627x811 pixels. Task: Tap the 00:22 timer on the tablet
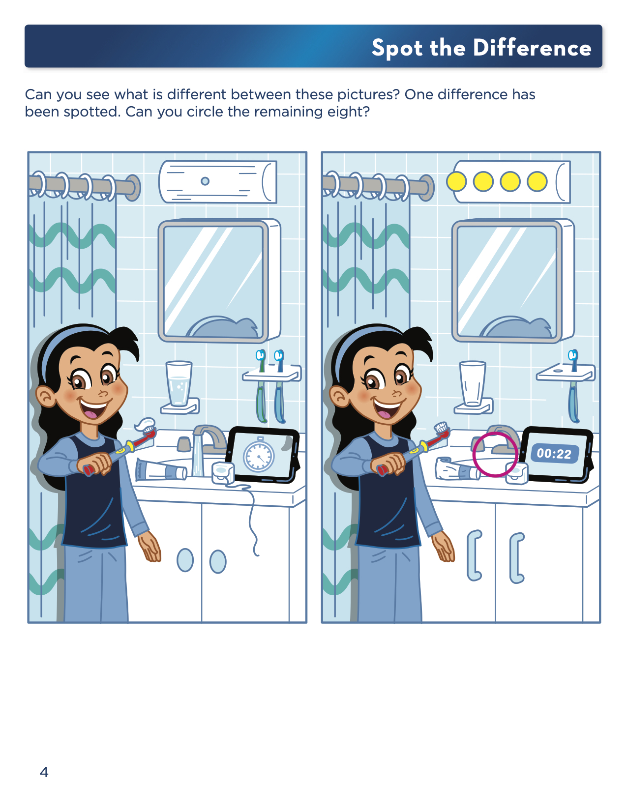(x=554, y=453)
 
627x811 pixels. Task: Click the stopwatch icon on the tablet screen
(x=258, y=455)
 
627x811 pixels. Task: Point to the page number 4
(x=44, y=772)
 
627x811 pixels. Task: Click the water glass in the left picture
(x=179, y=383)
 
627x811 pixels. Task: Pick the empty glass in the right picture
(x=473, y=383)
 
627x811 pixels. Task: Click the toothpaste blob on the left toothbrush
(x=146, y=424)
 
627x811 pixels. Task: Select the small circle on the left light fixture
(x=205, y=181)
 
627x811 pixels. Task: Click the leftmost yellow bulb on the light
(x=456, y=181)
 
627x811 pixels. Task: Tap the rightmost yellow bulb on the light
(x=537, y=181)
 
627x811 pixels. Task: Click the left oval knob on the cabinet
(x=185, y=560)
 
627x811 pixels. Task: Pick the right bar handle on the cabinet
(x=517, y=558)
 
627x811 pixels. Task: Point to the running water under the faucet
(x=198, y=456)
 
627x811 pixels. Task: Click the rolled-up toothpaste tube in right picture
(x=457, y=468)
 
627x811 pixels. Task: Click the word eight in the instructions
(x=348, y=112)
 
